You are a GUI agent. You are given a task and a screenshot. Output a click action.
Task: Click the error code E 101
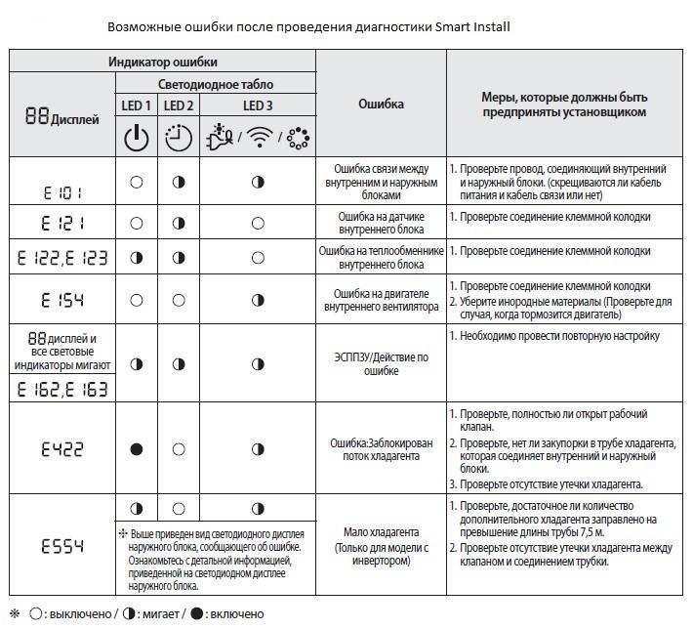click(61, 193)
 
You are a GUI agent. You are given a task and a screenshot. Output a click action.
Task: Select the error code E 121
click(61, 224)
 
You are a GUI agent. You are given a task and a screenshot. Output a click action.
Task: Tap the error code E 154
click(61, 298)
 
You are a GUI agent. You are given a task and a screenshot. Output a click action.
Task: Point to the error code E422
click(61, 449)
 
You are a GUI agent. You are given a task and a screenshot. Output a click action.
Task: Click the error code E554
click(61, 545)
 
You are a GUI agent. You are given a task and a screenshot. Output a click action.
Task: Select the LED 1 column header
click(136, 105)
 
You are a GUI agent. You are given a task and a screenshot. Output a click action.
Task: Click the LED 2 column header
click(179, 105)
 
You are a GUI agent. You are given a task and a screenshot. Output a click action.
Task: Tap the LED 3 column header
click(257, 105)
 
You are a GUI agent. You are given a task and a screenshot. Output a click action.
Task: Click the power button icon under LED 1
click(136, 138)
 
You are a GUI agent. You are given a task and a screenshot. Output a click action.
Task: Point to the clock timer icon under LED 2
click(179, 138)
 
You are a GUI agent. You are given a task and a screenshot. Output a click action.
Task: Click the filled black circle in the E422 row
click(136, 449)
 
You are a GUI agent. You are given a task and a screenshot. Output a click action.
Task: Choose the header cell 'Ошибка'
click(381, 105)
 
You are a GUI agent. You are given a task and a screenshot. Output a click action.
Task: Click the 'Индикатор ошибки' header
click(162, 62)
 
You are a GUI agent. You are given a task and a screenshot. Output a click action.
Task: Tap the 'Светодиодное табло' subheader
click(216, 84)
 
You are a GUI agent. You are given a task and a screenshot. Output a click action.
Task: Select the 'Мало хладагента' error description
click(381, 533)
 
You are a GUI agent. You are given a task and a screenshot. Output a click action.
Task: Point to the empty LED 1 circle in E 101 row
click(136, 182)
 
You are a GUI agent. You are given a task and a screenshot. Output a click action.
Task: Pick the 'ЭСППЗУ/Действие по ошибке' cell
click(381, 363)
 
